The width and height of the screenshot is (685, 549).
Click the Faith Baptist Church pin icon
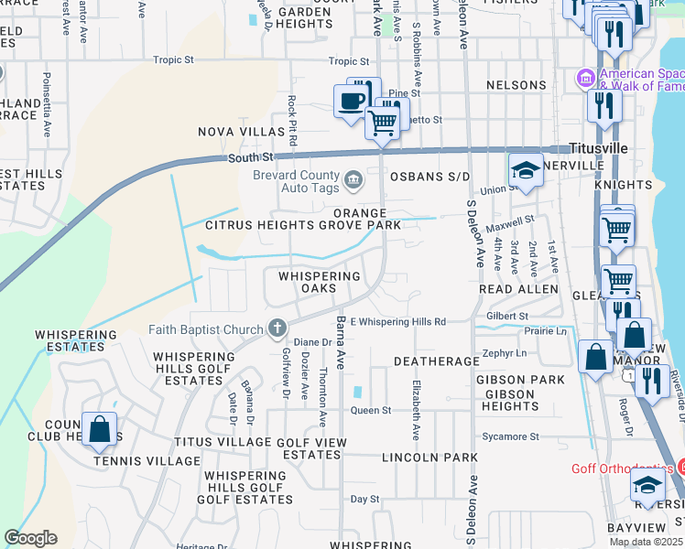pos(277,328)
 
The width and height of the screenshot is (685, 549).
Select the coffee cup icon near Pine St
pos(350,100)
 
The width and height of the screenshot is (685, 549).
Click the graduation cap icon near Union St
pos(526,169)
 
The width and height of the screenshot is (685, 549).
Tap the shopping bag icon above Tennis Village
pos(99,429)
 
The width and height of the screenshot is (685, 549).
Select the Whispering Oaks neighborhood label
pos(320,282)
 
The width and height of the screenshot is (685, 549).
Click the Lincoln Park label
pos(429,457)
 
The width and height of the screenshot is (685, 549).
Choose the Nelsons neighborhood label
pos(516,85)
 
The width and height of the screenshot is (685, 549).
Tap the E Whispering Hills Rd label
pos(397,322)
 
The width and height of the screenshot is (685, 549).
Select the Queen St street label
pos(371,411)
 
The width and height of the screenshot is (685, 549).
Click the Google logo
pos(30,538)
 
